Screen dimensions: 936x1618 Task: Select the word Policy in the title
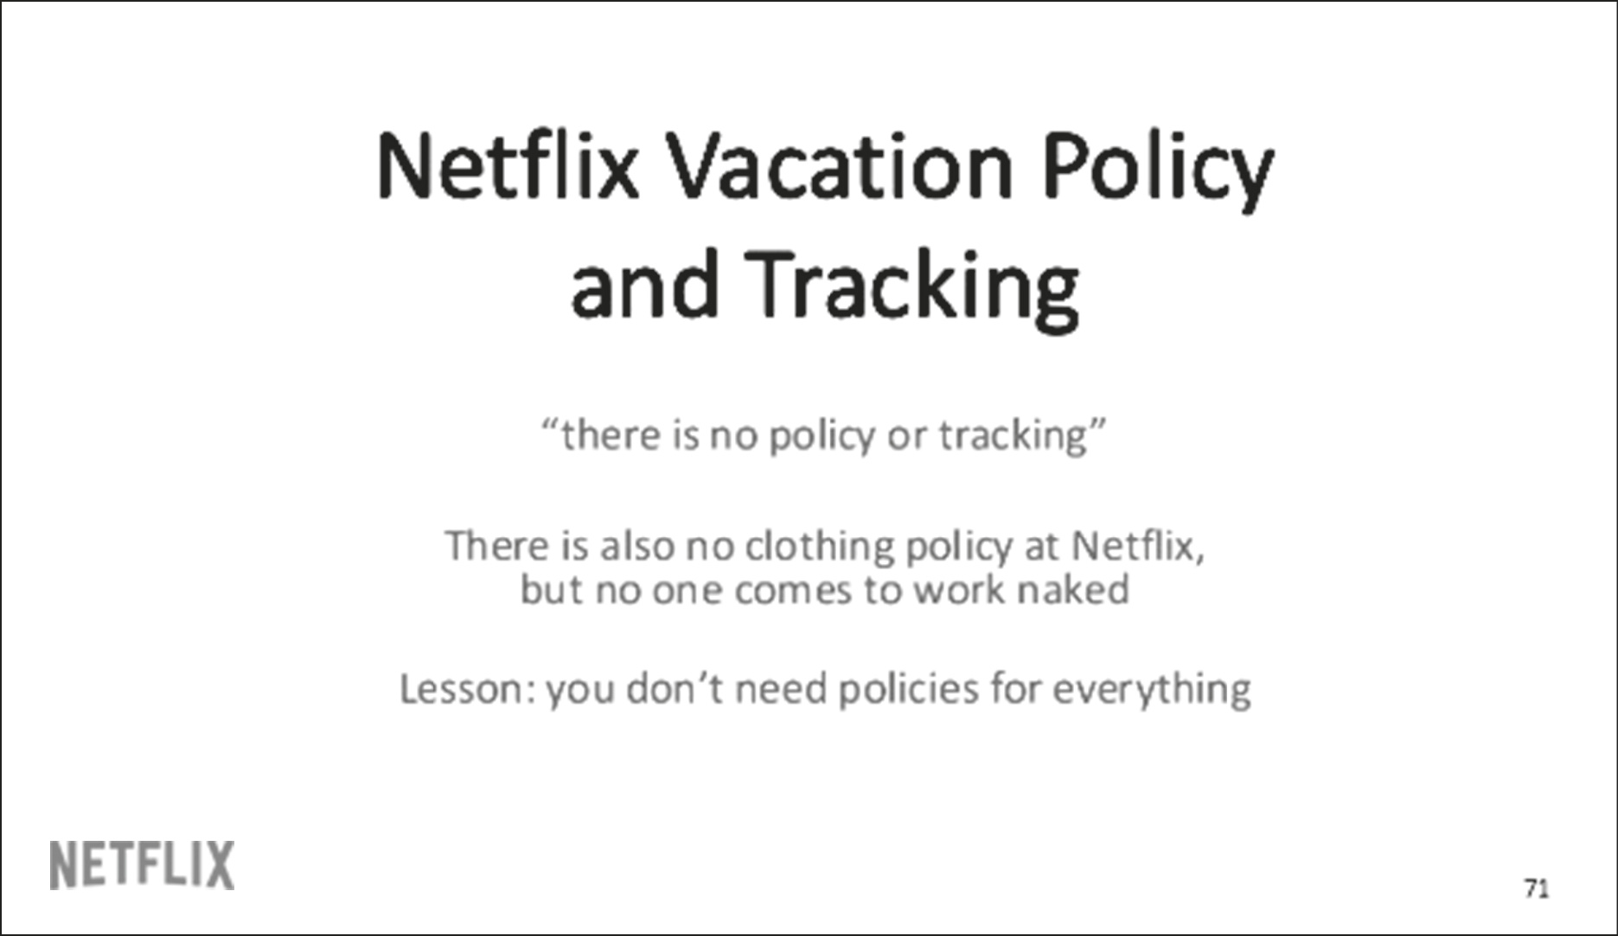1158,168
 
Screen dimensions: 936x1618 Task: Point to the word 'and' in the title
644,285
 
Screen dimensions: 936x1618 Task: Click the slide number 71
1536,888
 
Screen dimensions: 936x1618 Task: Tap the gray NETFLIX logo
142,865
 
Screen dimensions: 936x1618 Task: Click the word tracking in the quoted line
1013,435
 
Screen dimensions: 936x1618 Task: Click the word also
637,546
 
